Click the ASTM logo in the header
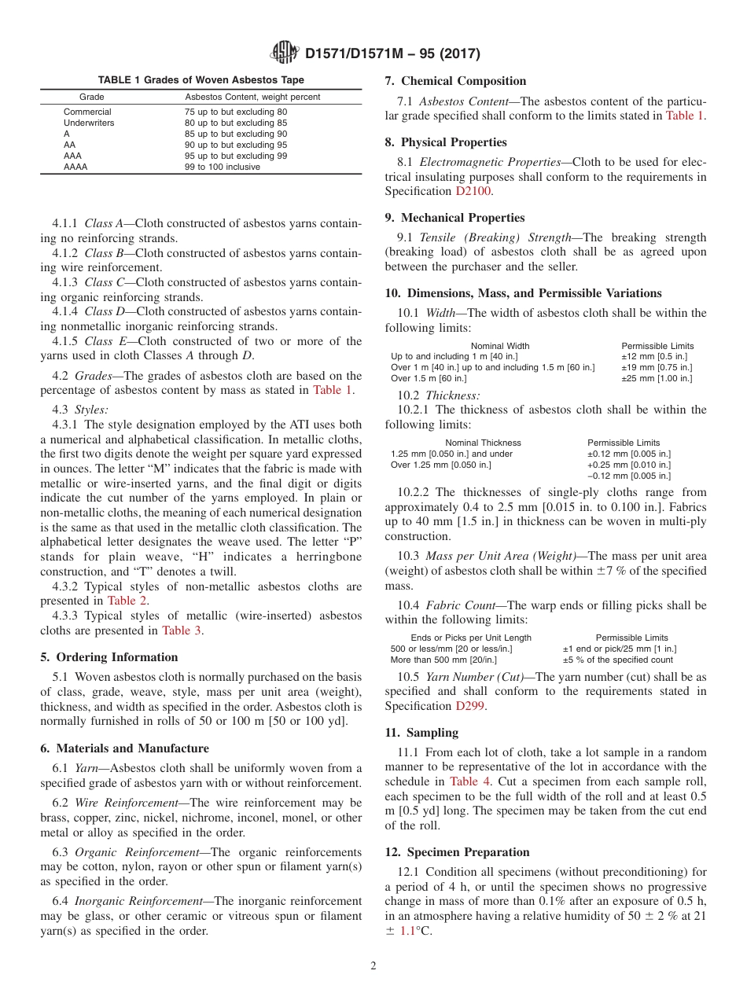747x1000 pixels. click(x=284, y=53)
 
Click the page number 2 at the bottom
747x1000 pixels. click(x=373, y=966)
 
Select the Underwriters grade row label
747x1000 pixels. click(x=89, y=123)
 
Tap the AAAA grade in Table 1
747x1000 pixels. click(x=75, y=167)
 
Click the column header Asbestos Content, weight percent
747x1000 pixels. click(x=252, y=97)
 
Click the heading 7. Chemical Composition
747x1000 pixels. click(x=455, y=81)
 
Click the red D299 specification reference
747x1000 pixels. click(x=470, y=706)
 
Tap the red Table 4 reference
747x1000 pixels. click(x=469, y=781)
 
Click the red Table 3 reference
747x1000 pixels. click(x=182, y=631)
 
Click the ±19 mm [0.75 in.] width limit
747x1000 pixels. click(x=657, y=368)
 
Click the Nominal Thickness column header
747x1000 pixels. click(x=483, y=443)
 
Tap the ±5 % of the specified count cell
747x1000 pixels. click(x=618, y=660)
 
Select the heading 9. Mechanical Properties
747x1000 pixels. click(x=454, y=218)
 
